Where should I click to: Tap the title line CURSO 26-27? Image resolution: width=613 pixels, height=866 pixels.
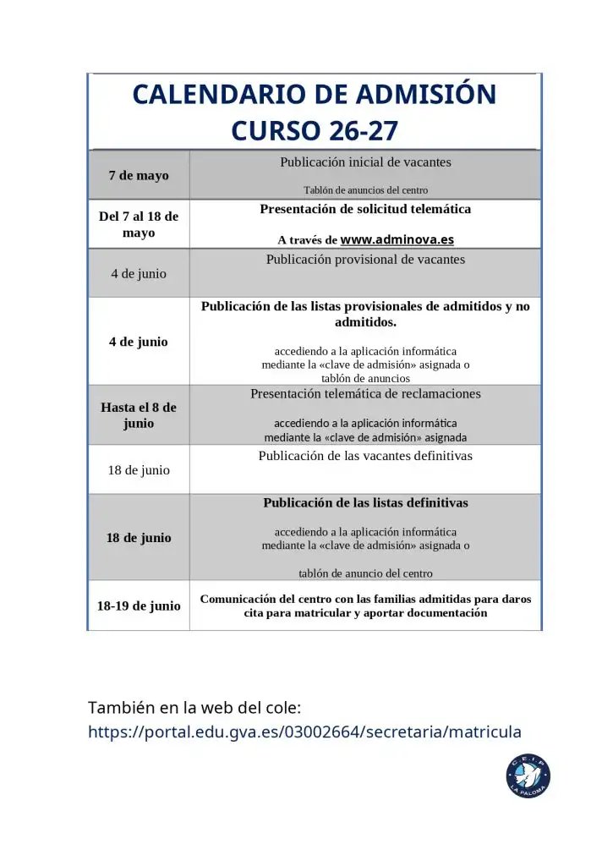[x=314, y=131]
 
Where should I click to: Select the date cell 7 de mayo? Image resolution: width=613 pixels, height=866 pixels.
[x=139, y=175]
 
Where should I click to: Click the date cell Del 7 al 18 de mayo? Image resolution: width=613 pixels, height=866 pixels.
[x=139, y=224]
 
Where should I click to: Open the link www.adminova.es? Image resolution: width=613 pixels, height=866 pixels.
[x=397, y=239]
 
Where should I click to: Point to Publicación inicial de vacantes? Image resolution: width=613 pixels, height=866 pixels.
[x=365, y=162]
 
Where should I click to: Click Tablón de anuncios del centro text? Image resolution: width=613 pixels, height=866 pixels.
[x=365, y=190]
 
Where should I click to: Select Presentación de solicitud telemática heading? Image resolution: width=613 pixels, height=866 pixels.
[x=365, y=209]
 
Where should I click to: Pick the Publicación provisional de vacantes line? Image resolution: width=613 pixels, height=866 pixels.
[x=365, y=260]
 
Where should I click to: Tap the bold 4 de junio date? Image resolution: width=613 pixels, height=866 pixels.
[x=139, y=342]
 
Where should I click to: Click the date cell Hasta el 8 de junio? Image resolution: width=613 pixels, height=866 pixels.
[x=139, y=415]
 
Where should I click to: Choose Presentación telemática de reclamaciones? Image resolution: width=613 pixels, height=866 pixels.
[x=365, y=394]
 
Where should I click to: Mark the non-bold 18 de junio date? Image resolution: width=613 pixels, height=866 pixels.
[x=139, y=469]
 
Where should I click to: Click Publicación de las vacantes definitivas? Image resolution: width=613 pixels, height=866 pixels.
[x=365, y=456]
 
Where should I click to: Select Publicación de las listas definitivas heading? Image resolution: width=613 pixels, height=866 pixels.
[x=365, y=502]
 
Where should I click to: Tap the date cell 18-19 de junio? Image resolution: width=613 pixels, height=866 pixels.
[x=139, y=606]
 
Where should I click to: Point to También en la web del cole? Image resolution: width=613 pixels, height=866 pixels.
[x=194, y=707]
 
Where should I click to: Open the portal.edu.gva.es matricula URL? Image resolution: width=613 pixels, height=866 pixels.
[x=304, y=732]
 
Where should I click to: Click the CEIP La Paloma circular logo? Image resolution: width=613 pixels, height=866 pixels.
[x=528, y=776]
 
